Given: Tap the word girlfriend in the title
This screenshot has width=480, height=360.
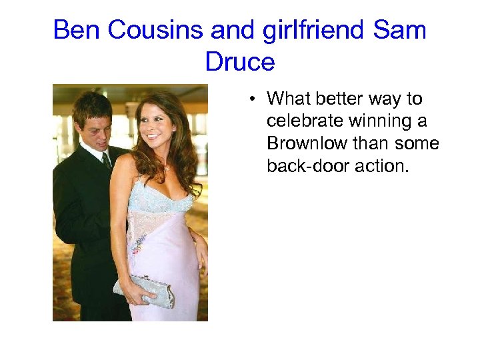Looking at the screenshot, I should (x=298, y=30).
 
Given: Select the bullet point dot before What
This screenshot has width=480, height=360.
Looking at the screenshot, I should (x=254, y=100).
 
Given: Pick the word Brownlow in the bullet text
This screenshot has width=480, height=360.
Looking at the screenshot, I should (x=306, y=143).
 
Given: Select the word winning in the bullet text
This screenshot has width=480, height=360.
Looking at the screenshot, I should (x=381, y=121).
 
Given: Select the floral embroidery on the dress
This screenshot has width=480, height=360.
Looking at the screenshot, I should (x=139, y=241).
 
